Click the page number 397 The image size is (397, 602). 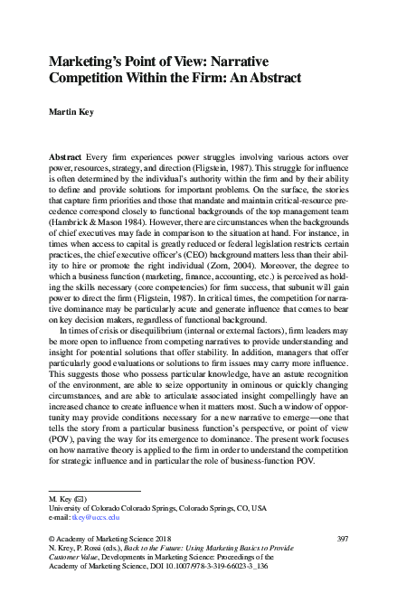[341, 538]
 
